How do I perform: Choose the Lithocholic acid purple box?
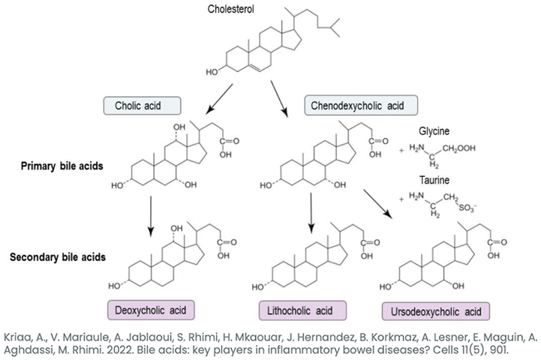coord(302,310)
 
